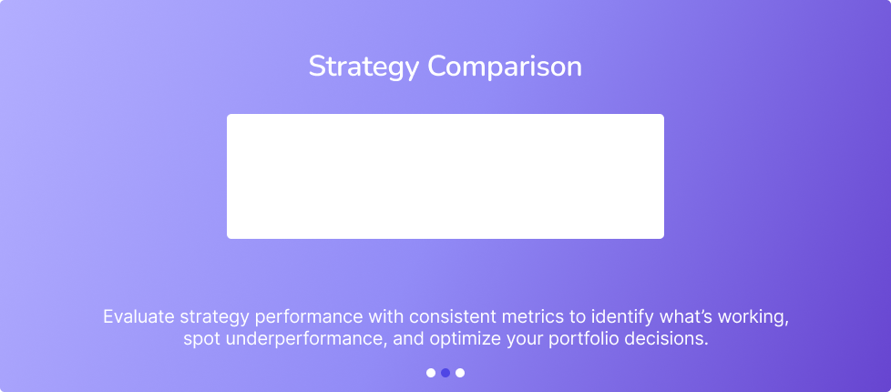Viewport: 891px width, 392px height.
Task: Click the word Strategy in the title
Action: pyautogui.click(x=364, y=67)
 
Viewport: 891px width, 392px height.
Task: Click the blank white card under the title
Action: pyautogui.click(x=445, y=176)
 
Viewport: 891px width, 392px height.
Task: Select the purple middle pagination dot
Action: pyautogui.click(x=445, y=373)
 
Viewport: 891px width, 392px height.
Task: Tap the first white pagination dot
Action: pyautogui.click(x=431, y=373)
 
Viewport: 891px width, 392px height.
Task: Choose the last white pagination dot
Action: pyautogui.click(x=460, y=373)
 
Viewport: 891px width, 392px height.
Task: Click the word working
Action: pyautogui.click(x=753, y=317)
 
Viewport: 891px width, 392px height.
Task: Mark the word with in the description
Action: pyautogui.click(x=387, y=317)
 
